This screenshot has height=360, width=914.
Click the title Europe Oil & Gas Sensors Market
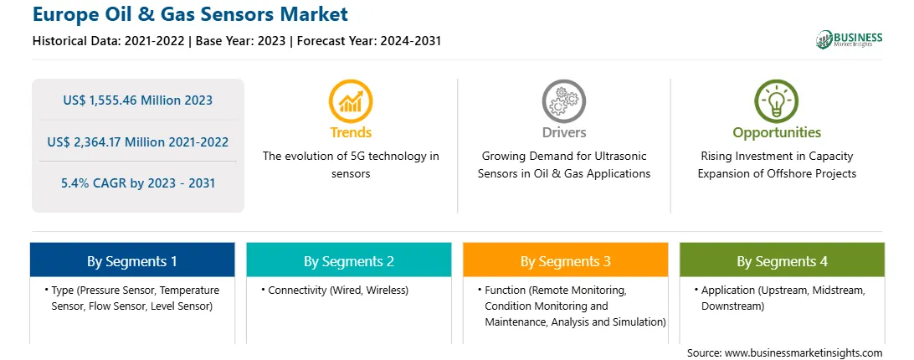pyautogui.click(x=190, y=14)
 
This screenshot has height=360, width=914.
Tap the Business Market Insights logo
pyautogui.click(x=849, y=39)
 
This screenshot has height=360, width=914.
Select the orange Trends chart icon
pyautogui.click(x=351, y=101)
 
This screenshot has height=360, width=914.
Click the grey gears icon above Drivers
pyautogui.click(x=563, y=101)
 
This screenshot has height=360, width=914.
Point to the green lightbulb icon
pyautogui.click(x=777, y=101)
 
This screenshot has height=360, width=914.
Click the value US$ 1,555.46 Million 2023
pyautogui.click(x=137, y=100)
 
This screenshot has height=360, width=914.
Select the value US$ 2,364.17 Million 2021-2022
pyautogui.click(x=137, y=141)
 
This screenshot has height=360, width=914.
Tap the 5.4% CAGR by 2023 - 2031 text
pyautogui.click(x=137, y=183)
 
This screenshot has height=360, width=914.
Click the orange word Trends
pyautogui.click(x=351, y=132)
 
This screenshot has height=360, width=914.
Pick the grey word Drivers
pyautogui.click(x=563, y=132)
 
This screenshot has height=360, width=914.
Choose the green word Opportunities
pyautogui.click(x=777, y=132)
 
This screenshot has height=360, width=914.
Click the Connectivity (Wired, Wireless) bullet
pyautogui.click(x=335, y=290)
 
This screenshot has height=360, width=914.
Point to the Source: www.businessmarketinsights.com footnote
pyautogui.click(x=784, y=353)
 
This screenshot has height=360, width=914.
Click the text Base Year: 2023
pyautogui.click(x=241, y=41)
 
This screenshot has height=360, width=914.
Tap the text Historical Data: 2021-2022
pyautogui.click(x=110, y=41)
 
